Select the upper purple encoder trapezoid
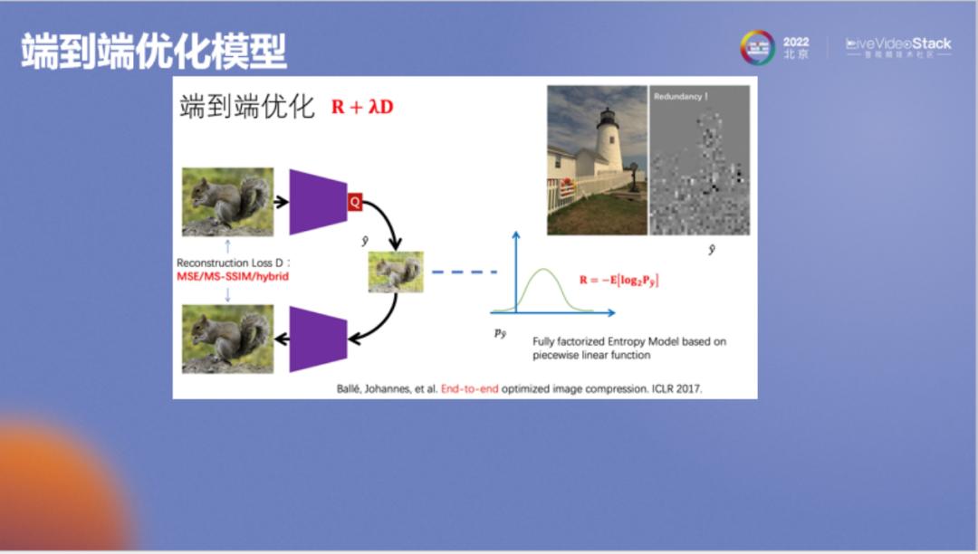point(318,202)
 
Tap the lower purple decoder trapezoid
point(318,339)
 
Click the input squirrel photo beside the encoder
point(227,202)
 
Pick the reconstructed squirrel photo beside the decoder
point(227,339)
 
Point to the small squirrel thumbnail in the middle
point(396,272)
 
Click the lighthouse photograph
point(596,160)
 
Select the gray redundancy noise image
point(699,160)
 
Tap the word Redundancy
point(679,96)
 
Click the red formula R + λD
point(362,107)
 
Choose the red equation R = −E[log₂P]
point(619,281)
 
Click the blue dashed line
point(465,272)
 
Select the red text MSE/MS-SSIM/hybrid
point(233,276)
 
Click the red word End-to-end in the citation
point(469,388)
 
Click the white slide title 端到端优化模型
point(154,52)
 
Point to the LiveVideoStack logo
point(898,47)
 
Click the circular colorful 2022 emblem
point(757,48)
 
